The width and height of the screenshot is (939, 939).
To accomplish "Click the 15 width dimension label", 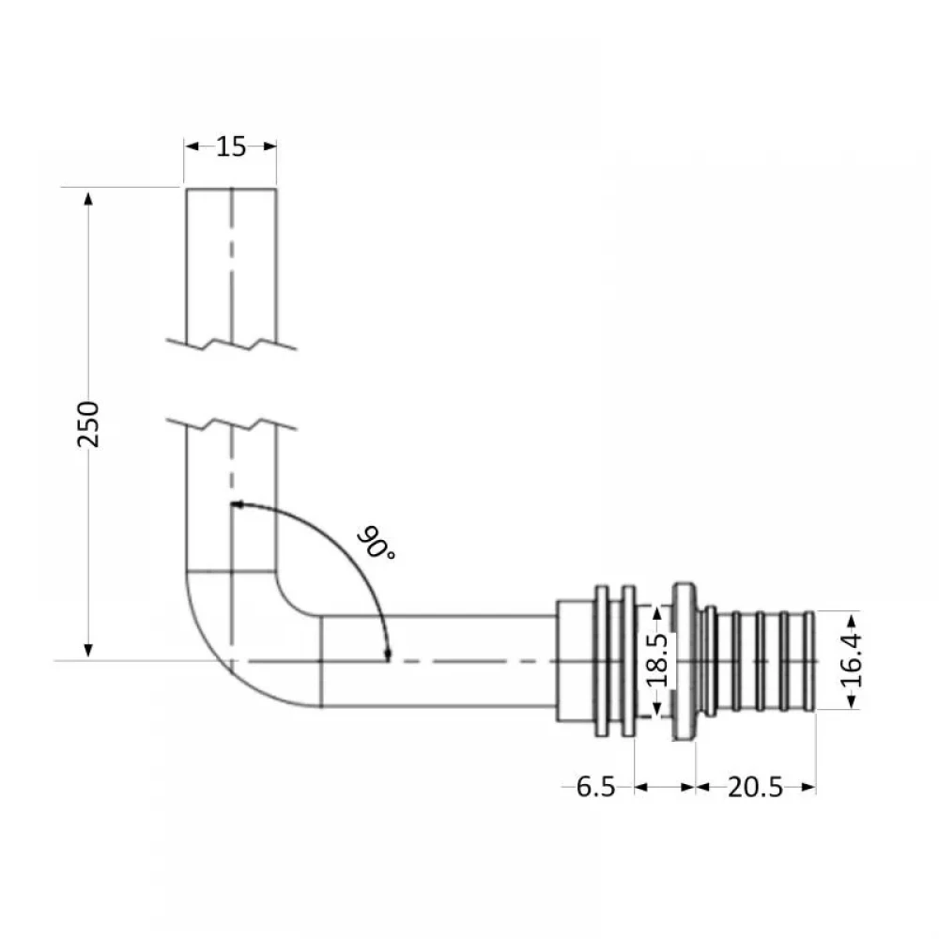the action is (231, 146).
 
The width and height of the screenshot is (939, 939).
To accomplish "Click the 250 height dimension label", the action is (88, 424).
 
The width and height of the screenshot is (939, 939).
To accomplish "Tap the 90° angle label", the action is (376, 543).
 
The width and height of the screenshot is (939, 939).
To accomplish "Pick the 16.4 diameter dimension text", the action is (851, 660).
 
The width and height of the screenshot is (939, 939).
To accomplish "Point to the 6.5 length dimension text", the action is (595, 787).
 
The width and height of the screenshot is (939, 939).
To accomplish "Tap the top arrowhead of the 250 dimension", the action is (88, 199).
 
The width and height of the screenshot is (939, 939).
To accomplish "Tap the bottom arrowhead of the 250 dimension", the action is (88, 651).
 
